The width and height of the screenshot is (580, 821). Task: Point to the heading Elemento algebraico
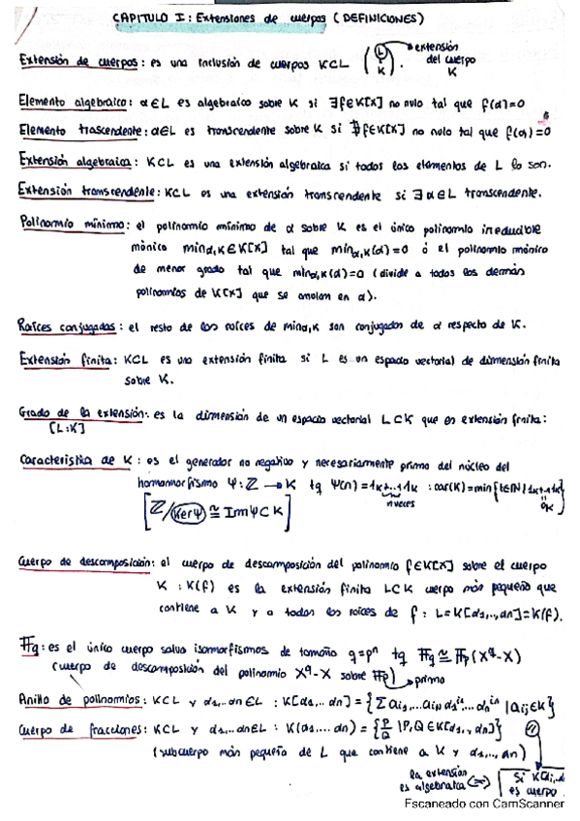click(x=75, y=100)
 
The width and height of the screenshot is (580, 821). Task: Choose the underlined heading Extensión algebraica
click(x=75, y=161)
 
